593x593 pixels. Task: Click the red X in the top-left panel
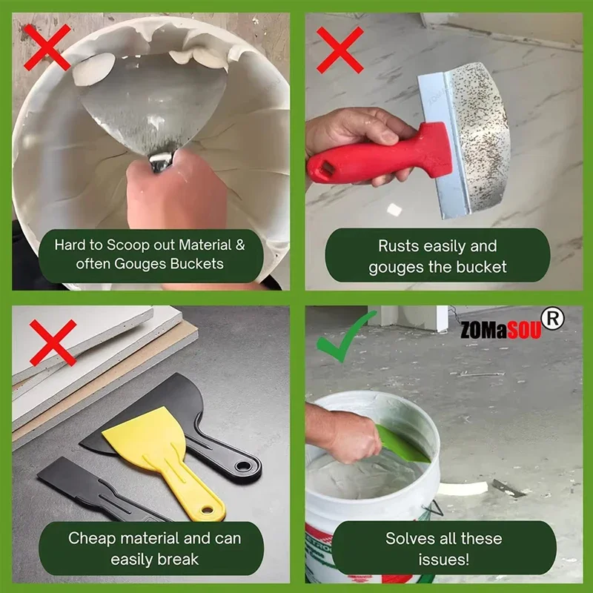[45, 45]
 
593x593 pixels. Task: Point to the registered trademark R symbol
[553, 319]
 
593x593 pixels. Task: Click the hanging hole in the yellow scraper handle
[211, 511]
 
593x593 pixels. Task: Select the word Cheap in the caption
[92, 538]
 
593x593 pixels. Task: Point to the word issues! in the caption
[443, 559]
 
